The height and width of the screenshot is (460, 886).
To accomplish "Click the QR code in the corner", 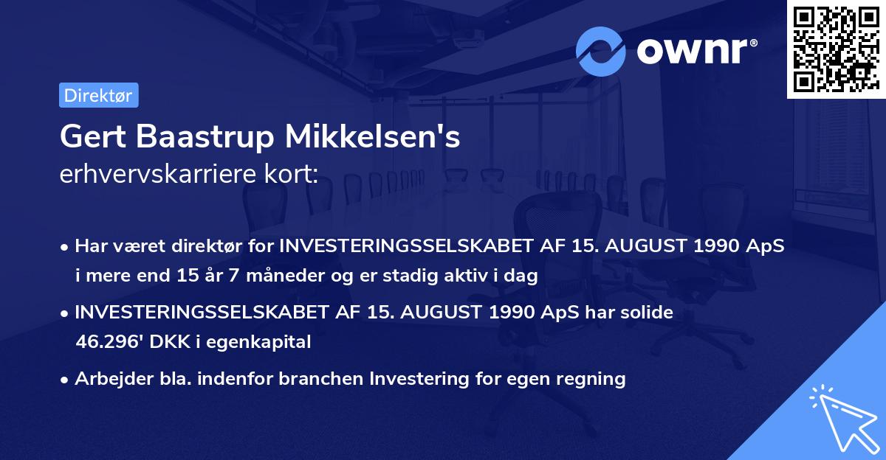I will (x=837, y=49).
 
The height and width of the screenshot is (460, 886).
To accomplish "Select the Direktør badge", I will (x=98, y=95).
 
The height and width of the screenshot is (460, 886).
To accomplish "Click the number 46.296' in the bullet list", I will (x=106, y=341).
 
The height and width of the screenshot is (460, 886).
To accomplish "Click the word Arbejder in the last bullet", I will (x=109, y=379).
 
